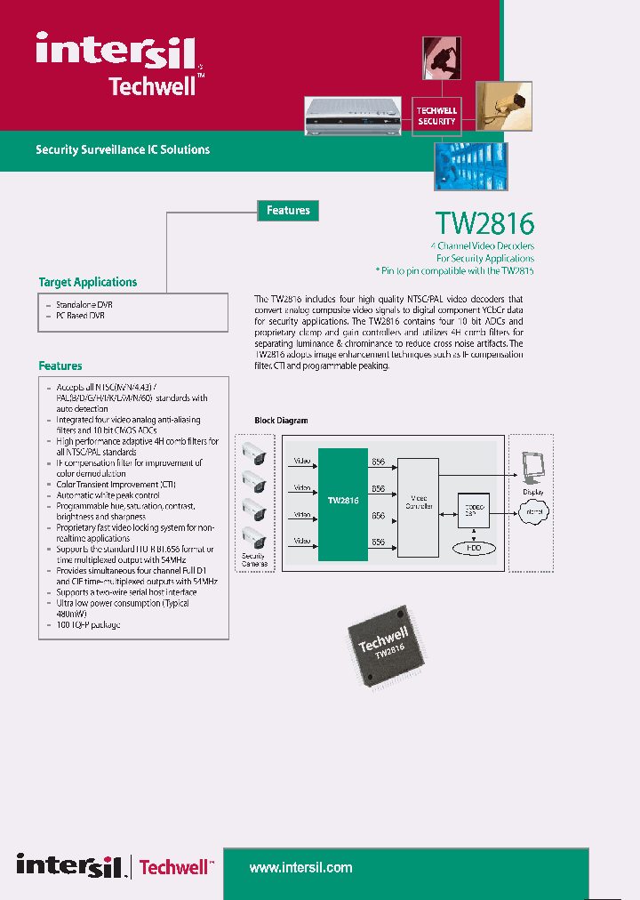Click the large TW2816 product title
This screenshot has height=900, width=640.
485,222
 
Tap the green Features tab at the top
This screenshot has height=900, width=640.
288,211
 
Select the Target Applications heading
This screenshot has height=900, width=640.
88,282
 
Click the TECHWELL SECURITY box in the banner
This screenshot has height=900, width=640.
436,116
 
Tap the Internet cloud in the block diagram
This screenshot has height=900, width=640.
533,511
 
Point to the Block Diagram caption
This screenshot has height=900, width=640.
281,421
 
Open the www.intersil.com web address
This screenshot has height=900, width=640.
300,867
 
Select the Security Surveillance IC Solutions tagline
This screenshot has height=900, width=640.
123,149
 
